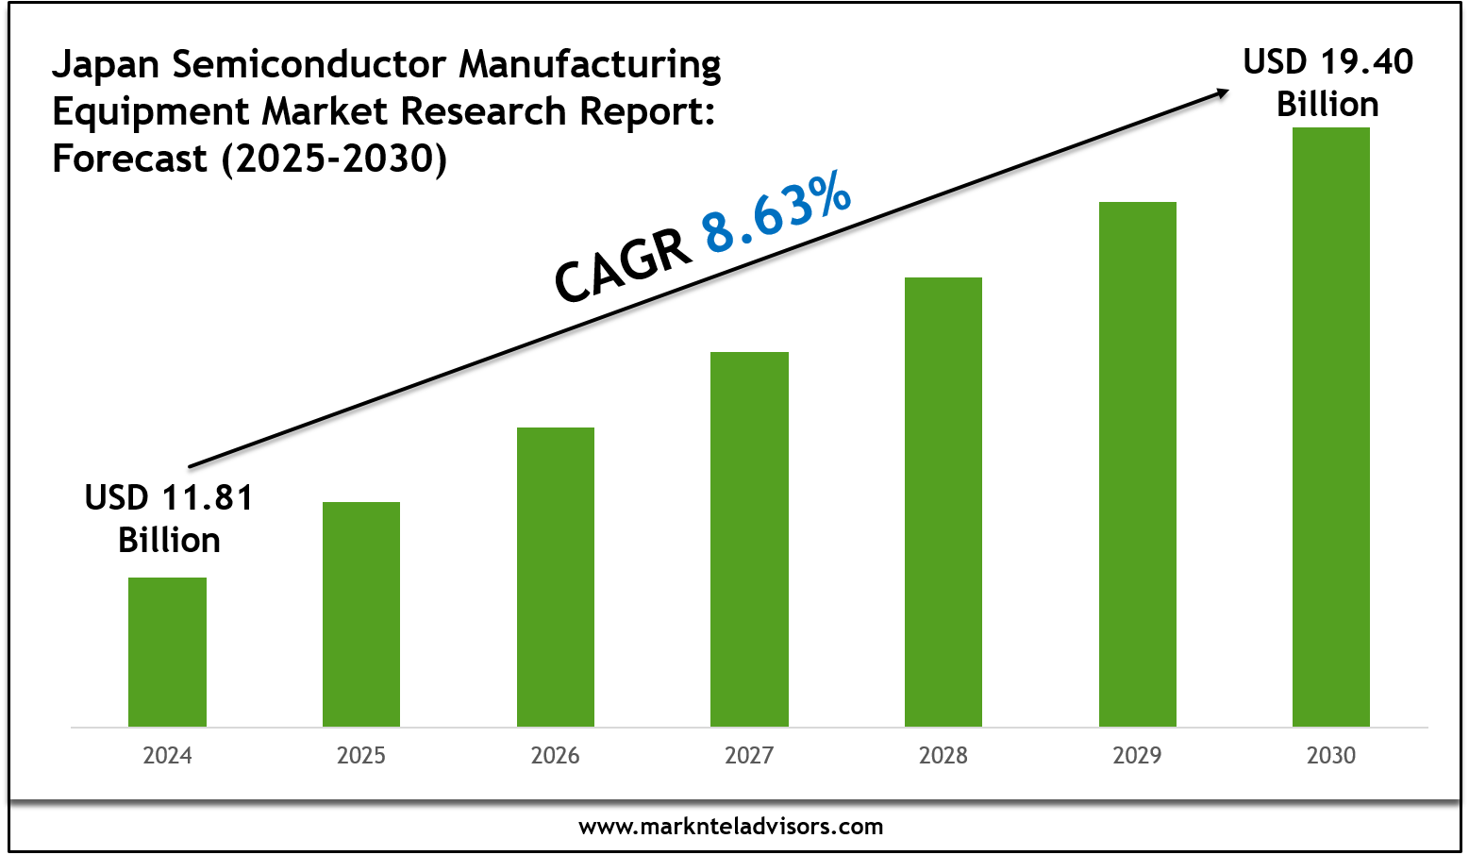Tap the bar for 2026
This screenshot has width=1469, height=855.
[x=556, y=577]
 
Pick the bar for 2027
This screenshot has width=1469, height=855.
[x=749, y=539]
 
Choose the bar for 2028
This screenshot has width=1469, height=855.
[x=943, y=501]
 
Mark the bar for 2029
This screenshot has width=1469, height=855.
[x=1137, y=464]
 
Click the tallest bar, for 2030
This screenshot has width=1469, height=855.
[x=1331, y=427]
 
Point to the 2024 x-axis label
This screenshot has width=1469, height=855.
[x=167, y=756]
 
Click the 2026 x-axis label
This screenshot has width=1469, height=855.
[x=556, y=756]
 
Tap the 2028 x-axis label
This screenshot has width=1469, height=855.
[x=943, y=756]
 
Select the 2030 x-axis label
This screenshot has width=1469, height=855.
[x=1331, y=756]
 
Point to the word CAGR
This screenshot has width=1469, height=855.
[x=621, y=267]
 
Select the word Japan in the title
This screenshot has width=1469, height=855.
[x=105, y=65]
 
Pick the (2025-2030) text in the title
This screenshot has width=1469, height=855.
[x=334, y=159]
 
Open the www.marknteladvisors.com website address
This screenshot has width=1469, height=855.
[x=730, y=827]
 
